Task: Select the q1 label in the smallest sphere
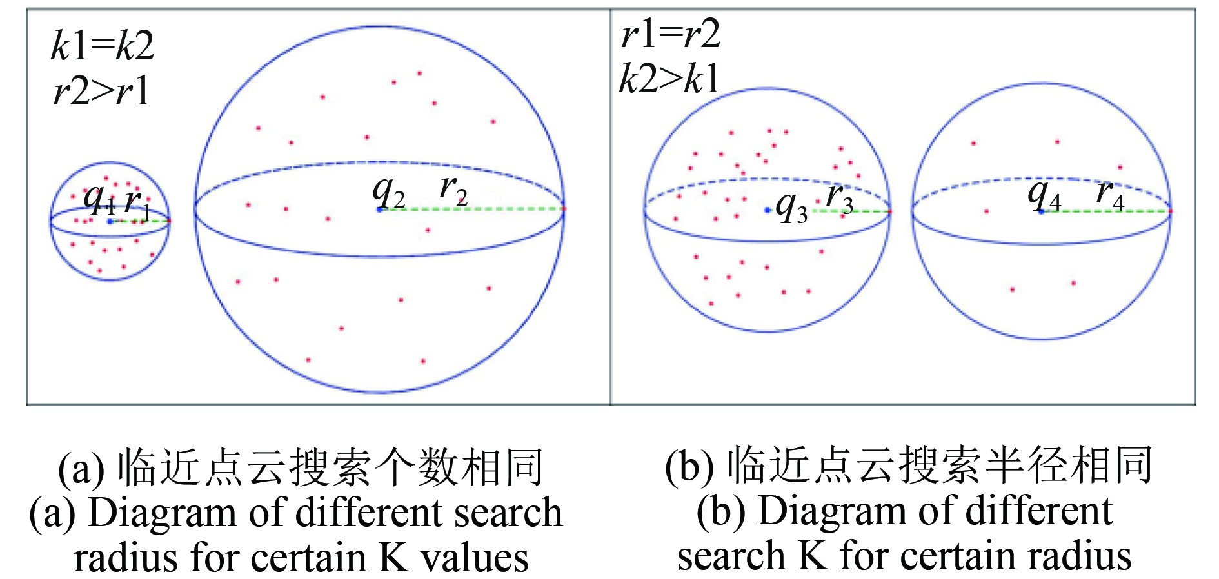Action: [99, 199]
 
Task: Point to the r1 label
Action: [137, 203]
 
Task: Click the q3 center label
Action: [791, 208]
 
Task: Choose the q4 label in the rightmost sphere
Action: [1044, 195]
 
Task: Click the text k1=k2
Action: [103, 46]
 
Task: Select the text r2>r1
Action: [102, 91]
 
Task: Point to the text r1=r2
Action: [670, 34]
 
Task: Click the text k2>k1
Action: [669, 80]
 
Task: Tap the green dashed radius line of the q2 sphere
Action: [471, 209]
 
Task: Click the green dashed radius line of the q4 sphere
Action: [1106, 211]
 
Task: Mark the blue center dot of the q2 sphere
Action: [379, 209]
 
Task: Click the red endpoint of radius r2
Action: [564, 208]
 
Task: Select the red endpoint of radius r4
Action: [1170, 211]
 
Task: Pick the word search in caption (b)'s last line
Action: [731, 556]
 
